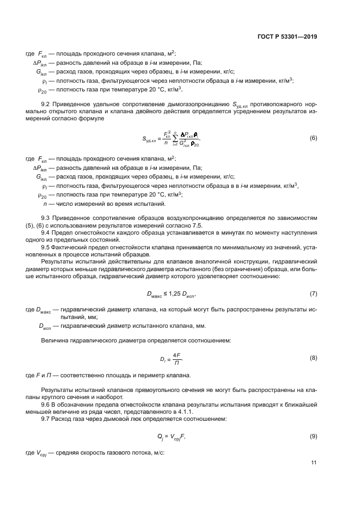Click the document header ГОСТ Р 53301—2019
(286, 38)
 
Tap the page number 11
(314, 463)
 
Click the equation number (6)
(313, 138)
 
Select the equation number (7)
(313, 294)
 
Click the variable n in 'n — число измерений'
(45, 204)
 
